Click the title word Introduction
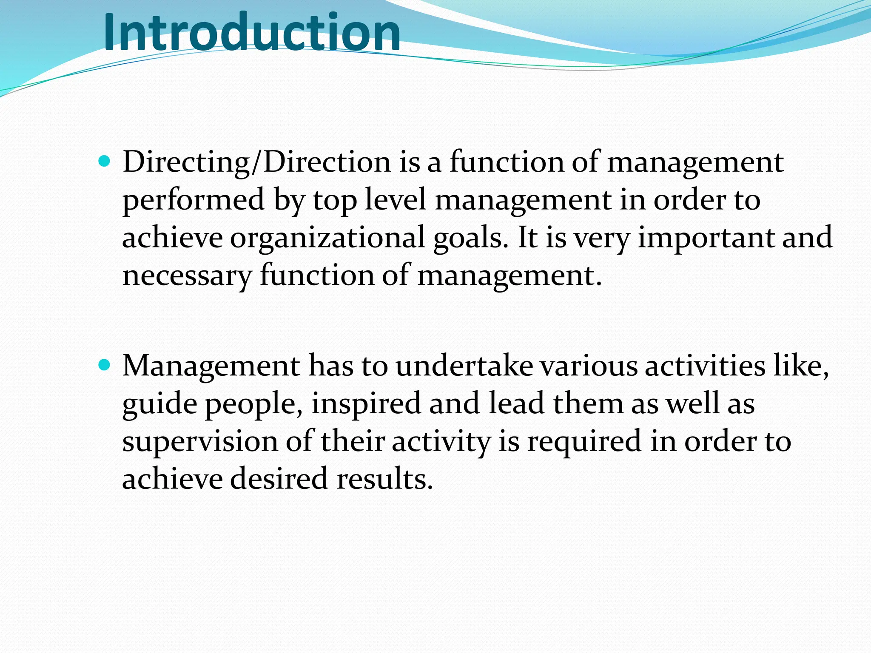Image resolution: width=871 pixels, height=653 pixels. (252, 32)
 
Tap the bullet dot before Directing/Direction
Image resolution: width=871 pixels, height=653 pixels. (104, 162)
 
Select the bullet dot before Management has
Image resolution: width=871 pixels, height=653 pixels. (104, 365)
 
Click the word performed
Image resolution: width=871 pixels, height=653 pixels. (194, 201)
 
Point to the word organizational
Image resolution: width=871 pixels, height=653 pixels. (327, 238)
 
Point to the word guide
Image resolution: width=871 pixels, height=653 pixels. (159, 404)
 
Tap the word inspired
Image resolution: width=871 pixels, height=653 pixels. (366, 404)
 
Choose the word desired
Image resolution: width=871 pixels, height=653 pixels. (279, 479)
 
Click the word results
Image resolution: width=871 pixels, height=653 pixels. (385, 479)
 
